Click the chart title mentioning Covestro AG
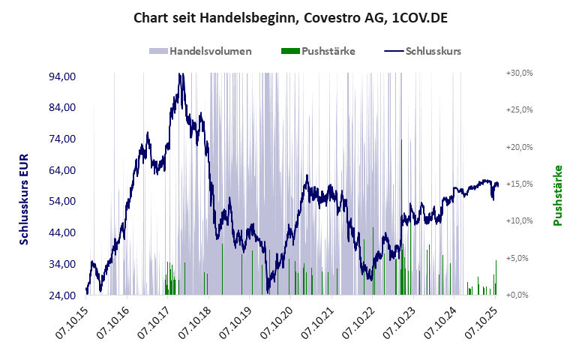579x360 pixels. tap(290, 17)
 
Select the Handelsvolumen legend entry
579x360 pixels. tap(200, 52)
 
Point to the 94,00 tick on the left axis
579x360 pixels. tap(61, 76)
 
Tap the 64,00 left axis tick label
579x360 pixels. tap(61, 170)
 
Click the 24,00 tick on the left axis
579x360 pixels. tap(61, 295)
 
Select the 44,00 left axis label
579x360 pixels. tap(61, 232)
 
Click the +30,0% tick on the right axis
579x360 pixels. tap(518, 73)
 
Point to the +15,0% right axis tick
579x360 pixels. tap(518, 184)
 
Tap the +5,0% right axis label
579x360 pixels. tap(520, 258)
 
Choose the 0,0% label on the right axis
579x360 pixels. tap(520, 295)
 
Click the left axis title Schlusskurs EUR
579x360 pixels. tap(24, 196)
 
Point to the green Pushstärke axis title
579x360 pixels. tap(558, 196)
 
